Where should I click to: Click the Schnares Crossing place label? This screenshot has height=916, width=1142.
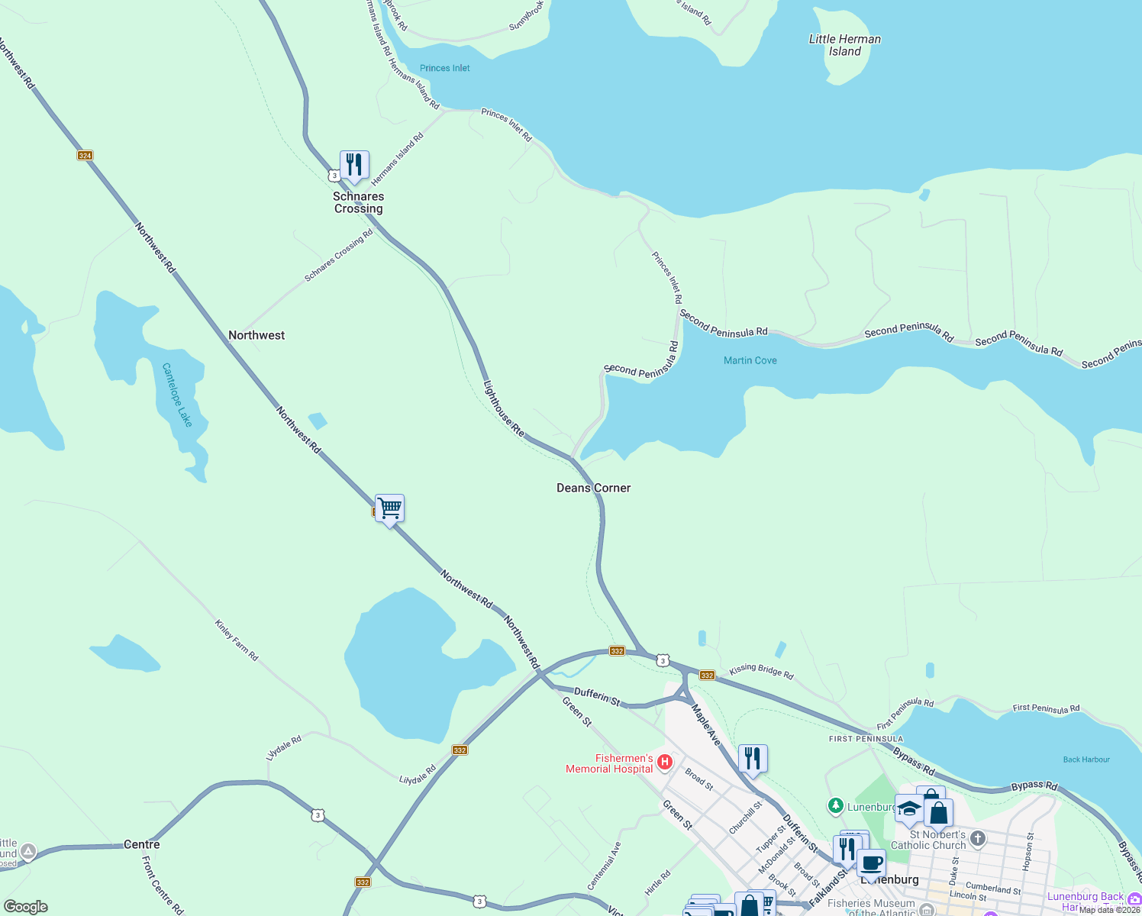click(358, 202)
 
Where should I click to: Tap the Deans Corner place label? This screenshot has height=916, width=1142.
click(593, 488)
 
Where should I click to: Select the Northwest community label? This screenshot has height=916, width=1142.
click(256, 335)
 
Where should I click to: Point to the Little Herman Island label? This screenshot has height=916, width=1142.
click(844, 45)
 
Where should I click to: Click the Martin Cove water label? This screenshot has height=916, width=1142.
click(750, 360)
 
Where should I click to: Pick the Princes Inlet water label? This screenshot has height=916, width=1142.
click(444, 68)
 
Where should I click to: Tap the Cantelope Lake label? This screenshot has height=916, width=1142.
click(177, 395)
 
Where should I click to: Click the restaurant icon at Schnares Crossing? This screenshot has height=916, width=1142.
click(354, 165)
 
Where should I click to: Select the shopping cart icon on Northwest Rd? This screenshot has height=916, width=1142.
click(389, 508)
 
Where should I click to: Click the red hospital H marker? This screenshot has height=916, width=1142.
click(664, 762)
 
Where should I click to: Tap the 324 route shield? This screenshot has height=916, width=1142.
click(85, 156)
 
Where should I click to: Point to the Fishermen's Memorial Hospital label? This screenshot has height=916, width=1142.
click(609, 763)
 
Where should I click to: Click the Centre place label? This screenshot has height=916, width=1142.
click(142, 844)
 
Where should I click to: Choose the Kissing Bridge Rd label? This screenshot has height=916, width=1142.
click(761, 671)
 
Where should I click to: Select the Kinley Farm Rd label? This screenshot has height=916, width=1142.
click(237, 640)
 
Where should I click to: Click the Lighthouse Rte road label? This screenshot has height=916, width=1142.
click(504, 409)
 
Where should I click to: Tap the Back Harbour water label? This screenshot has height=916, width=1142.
click(1086, 760)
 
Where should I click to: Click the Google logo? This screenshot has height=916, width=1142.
click(26, 907)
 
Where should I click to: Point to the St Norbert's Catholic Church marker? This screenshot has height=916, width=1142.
click(977, 840)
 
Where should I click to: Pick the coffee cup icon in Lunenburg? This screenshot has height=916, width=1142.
click(871, 864)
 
